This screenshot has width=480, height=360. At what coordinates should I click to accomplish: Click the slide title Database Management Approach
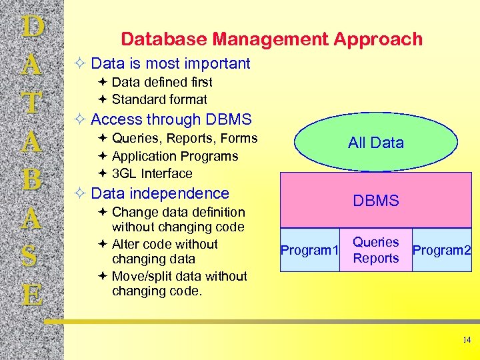tap(271, 39)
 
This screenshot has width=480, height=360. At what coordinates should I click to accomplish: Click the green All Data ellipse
tap(376, 142)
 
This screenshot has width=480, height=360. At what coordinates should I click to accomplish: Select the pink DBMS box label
tap(376, 201)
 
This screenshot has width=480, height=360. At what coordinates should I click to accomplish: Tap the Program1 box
tap(310, 251)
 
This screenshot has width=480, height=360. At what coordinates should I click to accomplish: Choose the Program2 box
tap(442, 251)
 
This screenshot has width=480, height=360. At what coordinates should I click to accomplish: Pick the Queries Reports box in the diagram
tap(376, 251)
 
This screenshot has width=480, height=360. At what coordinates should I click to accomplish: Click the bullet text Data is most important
tap(170, 63)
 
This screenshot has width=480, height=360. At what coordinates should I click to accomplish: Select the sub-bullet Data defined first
tap(162, 82)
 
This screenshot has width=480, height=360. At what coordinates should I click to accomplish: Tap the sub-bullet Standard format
tap(159, 99)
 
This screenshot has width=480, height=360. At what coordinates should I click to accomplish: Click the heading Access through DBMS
tap(171, 119)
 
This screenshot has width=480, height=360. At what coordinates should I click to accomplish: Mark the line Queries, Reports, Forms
tap(184, 138)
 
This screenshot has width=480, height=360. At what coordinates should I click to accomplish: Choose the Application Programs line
tap(175, 156)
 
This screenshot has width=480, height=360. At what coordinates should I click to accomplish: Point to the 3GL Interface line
tap(152, 173)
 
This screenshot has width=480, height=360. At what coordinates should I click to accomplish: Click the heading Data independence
tap(159, 193)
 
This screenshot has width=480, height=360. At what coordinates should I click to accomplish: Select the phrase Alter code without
tap(165, 244)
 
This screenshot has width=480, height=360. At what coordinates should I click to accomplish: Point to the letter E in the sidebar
tap(32, 294)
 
